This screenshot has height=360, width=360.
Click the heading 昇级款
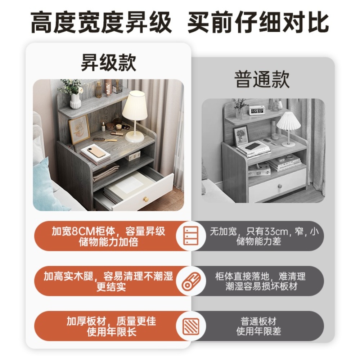(109, 63)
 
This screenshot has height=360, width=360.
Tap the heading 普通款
(262, 79)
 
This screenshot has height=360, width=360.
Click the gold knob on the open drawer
(146, 199)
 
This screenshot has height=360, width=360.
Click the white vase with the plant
(75, 101)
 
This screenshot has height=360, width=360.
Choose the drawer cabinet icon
(191, 235)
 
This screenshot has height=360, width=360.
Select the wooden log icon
(191, 281)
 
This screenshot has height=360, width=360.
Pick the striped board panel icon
(191, 326)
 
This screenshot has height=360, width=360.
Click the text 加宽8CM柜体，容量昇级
(108, 231)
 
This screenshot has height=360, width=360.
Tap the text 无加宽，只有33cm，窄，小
(264, 231)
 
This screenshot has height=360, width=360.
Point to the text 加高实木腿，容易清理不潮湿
(108, 276)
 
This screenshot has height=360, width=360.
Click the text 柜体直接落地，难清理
(260, 276)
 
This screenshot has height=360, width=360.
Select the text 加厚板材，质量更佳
(111, 321)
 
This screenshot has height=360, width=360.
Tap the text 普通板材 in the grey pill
(258, 321)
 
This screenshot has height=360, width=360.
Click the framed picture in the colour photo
(79, 130)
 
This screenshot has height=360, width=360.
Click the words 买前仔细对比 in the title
(258, 23)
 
